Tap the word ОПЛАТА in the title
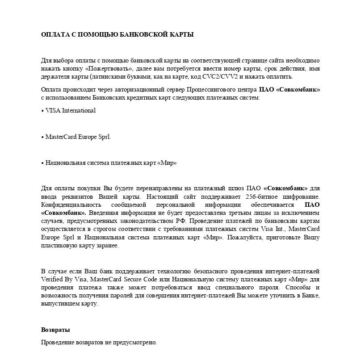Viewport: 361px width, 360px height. tap(54, 35)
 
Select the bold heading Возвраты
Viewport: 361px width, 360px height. tap(55, 330)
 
